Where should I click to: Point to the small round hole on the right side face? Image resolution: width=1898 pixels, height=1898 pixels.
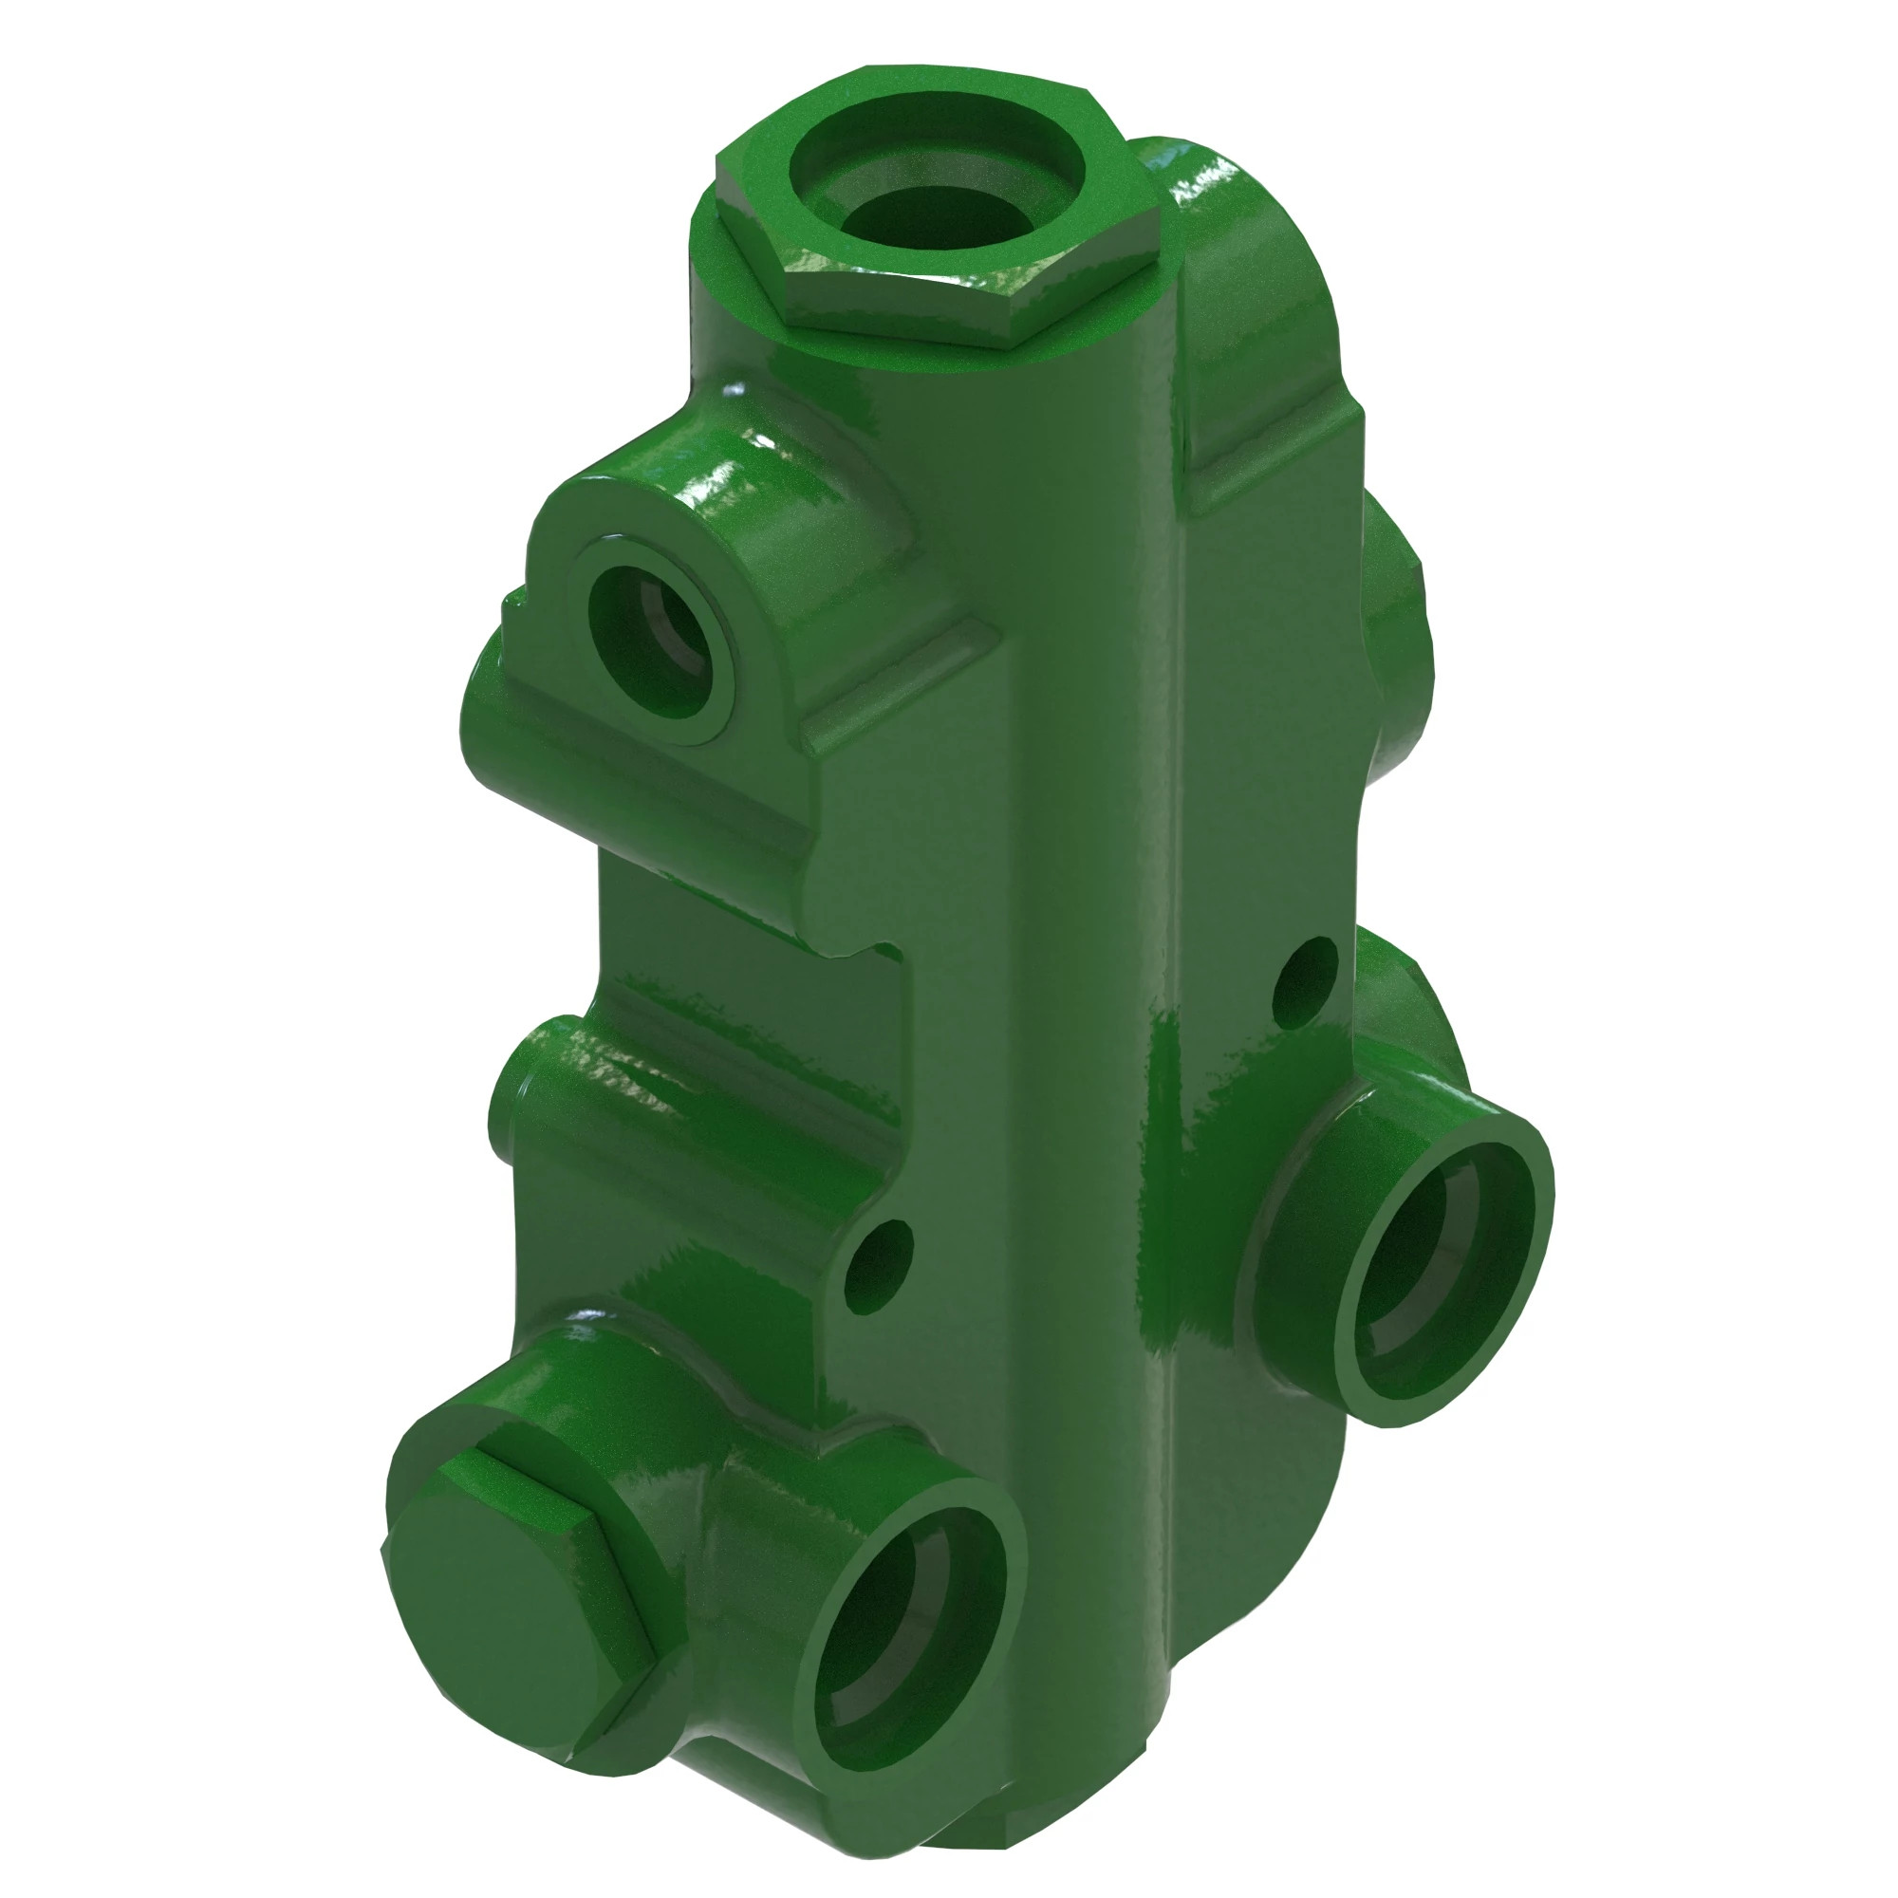click(1305, 981)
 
